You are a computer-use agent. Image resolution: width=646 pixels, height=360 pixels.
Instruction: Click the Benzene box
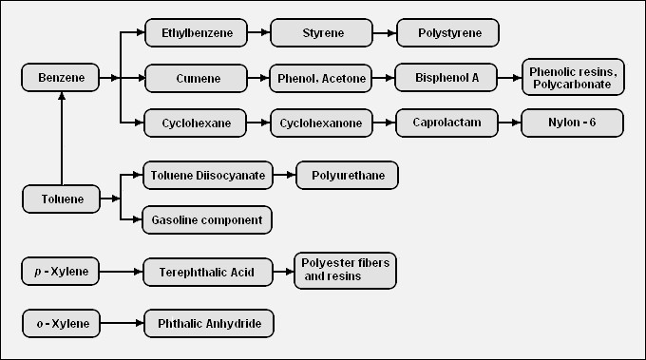tap(60, 78)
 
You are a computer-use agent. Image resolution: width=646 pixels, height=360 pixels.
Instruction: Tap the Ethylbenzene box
tap(196, 33)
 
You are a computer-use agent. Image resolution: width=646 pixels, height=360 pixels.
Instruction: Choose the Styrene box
tap(321, 33)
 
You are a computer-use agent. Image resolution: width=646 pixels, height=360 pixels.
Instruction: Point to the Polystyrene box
tap(447, 33)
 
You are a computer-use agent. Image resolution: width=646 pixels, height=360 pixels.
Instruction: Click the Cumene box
tap(196, 78)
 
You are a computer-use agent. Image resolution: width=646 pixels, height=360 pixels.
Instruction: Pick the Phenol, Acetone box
tap(321, 78)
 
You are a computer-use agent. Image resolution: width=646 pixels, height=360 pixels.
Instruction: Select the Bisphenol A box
tap(447, 78)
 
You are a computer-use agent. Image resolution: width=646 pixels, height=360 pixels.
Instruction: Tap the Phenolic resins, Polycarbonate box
tap(573, 78)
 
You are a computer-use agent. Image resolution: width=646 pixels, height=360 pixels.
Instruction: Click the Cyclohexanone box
tap(321, 123)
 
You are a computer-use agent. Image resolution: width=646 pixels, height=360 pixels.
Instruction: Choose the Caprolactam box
tap(447, 123)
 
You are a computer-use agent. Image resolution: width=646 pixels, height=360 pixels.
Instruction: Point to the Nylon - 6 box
tap(573, 123)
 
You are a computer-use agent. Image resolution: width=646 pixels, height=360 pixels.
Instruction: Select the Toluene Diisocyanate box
tap(208, 176)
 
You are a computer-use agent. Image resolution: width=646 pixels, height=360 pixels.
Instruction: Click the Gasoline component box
tap(208, 220)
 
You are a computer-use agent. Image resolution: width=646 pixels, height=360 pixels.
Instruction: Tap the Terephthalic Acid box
tap(208, 272)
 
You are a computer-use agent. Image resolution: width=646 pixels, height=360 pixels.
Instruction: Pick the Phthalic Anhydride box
tap(208, 324)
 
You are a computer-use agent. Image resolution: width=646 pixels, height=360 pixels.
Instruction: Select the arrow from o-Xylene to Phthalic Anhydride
tap(121, 324)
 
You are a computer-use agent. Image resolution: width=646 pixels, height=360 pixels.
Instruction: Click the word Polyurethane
tap(347, 176)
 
